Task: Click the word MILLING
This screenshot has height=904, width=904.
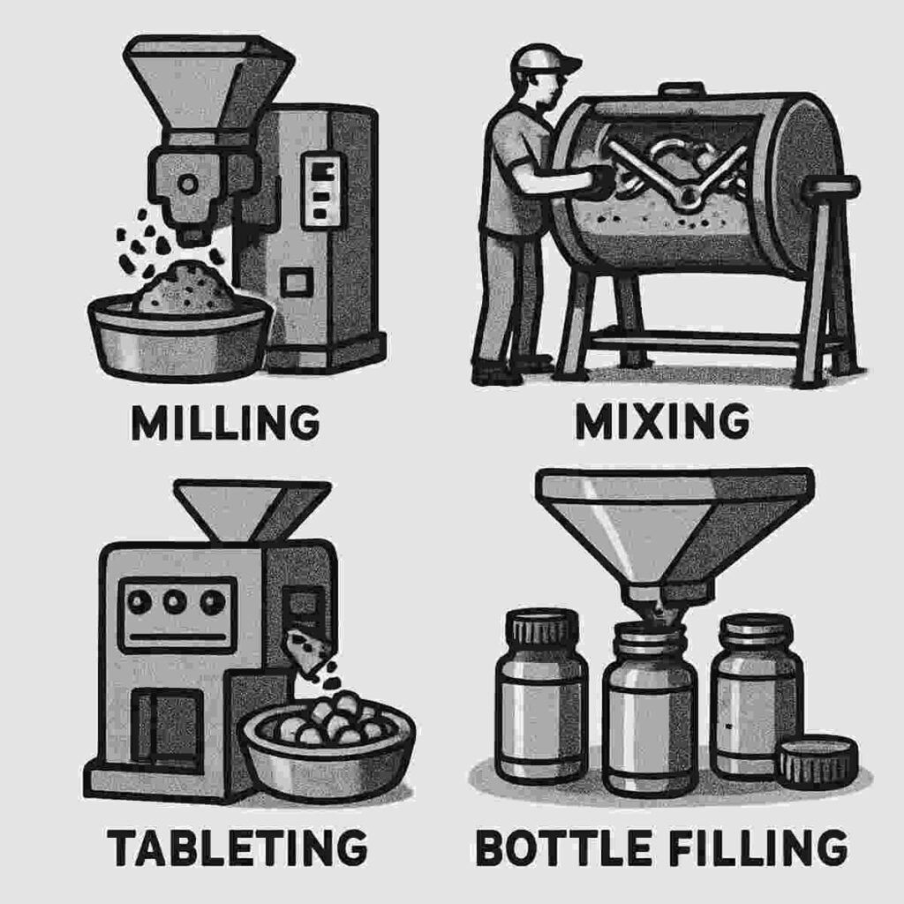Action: click(225, 424)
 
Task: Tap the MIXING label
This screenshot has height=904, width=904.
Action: click(661, 424)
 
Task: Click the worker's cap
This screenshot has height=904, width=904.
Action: click(544, 60)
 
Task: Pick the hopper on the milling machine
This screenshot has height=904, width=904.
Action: click(208, 79)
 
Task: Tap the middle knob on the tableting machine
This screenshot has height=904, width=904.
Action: click(175, 602)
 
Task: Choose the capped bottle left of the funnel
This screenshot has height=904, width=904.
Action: click(540, 697)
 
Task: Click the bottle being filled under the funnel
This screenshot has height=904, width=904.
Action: click(650, 706)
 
